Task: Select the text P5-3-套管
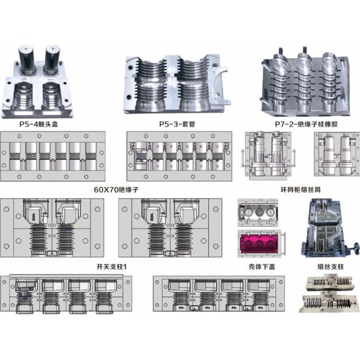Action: (x=178, y=124)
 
